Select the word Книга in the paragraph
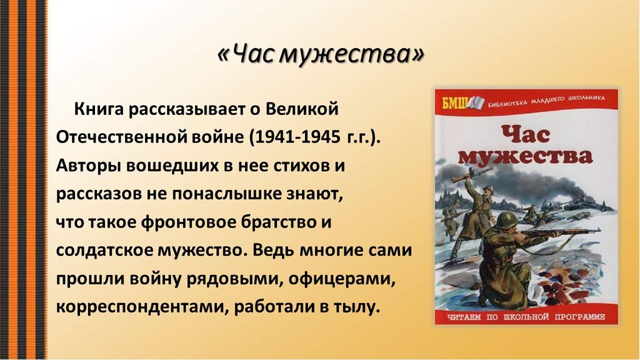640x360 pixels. (98, 109)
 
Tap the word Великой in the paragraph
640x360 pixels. (302, 109)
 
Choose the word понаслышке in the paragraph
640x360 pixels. (227, 194)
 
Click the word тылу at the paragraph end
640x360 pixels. (356, 307)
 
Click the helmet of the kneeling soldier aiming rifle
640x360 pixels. (507, 219)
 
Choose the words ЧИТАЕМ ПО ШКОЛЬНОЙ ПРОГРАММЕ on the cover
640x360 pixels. (526, 317)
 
